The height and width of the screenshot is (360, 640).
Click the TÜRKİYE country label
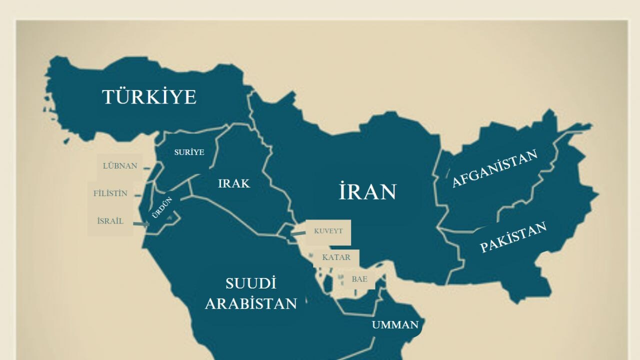point(149,96)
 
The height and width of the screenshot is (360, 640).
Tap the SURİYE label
point(189,152)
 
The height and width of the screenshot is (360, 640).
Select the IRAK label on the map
point(233,183)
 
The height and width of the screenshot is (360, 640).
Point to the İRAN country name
point(367,191)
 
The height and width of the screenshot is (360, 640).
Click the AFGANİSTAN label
point(494,168)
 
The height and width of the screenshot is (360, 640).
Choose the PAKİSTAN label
point(513,237)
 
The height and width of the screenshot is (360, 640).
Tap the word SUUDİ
point(250,283)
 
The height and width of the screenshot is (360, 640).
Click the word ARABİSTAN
point(250,303)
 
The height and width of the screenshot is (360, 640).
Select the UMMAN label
point(394,325)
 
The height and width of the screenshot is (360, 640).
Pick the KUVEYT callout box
point(328,231)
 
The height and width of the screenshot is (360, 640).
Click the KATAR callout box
point(335,257)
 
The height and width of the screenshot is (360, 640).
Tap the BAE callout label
point(359,279)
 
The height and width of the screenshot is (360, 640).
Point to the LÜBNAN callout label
point(120,166)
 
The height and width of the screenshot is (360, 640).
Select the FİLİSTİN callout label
point(110,193)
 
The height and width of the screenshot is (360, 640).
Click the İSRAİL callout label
point(110,221)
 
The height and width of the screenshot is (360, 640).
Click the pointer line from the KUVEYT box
point(298,233)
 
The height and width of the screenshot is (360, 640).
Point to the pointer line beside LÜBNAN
point(146,168)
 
